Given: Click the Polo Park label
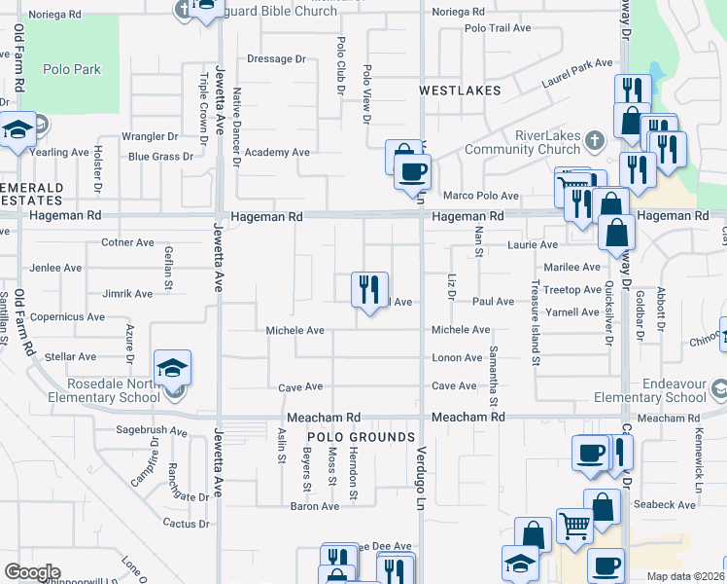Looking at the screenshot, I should (x=72, y=69).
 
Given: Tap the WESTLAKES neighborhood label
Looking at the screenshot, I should (x=460, y=91).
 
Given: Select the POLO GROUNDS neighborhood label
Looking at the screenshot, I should (x=363, y=437).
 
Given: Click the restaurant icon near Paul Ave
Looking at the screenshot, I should (x=369, y=289).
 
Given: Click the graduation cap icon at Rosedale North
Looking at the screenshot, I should (x=172, y=368).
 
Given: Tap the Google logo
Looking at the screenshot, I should (x=32, y=572).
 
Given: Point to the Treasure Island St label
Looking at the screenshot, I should (x=536, y=321).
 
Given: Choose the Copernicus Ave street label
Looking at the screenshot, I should (x=67, y=317).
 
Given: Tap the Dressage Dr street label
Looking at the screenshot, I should (x=276, y=59).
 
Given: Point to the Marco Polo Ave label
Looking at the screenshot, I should (x=481, y=196).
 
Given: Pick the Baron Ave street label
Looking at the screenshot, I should (x=315, y=506).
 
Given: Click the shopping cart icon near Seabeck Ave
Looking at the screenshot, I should (x=574, y=526).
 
